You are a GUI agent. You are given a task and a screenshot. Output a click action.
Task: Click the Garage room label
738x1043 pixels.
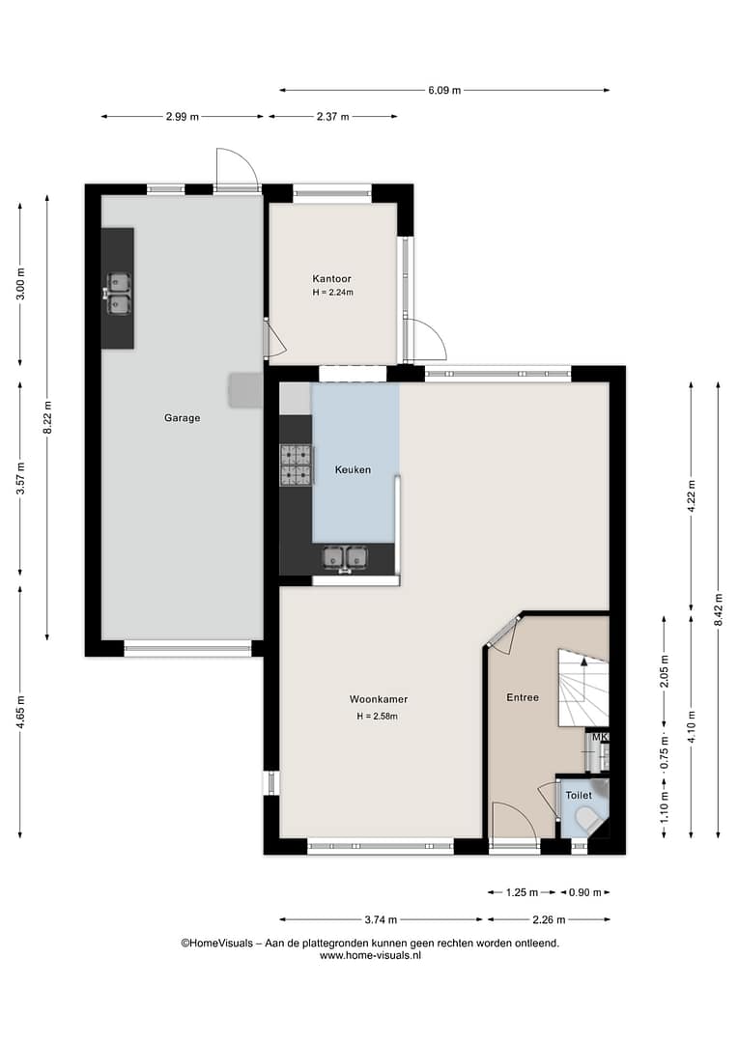pyautogui.click(x=183, y=418)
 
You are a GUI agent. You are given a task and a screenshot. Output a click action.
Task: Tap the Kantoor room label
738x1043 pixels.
pyautogui.click(x=332, y=279)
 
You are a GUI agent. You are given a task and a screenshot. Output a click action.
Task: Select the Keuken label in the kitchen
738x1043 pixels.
pyautogui.click(x=353, y=469)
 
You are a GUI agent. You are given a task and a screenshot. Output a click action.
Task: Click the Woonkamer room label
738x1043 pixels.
pyautogui.click(x=379, y=699)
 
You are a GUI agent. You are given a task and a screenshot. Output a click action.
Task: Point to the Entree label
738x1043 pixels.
pyautogui.click(x=523, y=697)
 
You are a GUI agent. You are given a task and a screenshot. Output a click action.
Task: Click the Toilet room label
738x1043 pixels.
pyautogui.click(x=579, y=795)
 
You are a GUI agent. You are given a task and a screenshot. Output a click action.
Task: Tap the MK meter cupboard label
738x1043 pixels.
pyautogui.click(x=600, y=737)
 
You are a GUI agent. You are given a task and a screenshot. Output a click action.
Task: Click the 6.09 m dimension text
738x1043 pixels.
pyautogui.click(x=444, y=91)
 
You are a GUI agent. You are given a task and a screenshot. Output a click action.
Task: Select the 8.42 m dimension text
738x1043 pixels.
pyautogui.click(x=718, y=609)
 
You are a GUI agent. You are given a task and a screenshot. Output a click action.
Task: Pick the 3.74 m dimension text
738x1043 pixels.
pyautogui.click(x=381, y=920)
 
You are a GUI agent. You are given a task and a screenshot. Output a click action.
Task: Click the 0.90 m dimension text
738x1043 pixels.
pyautogui.click(x=585, y=892)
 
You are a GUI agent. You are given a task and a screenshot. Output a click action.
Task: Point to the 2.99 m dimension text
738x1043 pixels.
pyautogui.click(x=183, y=117)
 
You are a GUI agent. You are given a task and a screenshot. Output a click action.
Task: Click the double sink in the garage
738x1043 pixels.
pyautogui.click(x=119, y=294)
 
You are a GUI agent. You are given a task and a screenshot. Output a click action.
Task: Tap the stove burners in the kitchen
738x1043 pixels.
pyautogui.click(x=296, y=465)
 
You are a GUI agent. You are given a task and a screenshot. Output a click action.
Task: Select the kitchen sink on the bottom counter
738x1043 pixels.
pyautogui.click(x=345, y=558)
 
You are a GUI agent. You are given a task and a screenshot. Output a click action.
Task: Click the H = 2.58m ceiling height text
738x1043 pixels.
pyautogui.click(x=378, y=717)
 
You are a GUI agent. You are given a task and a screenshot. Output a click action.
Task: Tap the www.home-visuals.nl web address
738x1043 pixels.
pyautogui.click(x=370, y=955)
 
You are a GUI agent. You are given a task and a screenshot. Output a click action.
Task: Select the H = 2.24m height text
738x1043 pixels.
pyautogui.click(x=332, y=292)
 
